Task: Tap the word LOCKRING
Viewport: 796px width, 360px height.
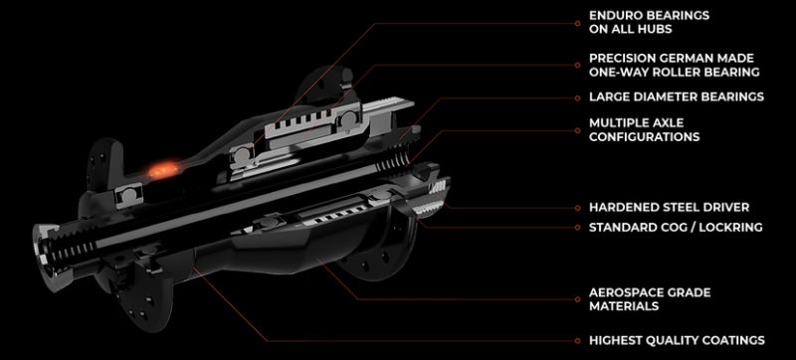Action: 730,227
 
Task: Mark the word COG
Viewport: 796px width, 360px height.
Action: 674,227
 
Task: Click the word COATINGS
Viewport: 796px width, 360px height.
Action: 729,340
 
